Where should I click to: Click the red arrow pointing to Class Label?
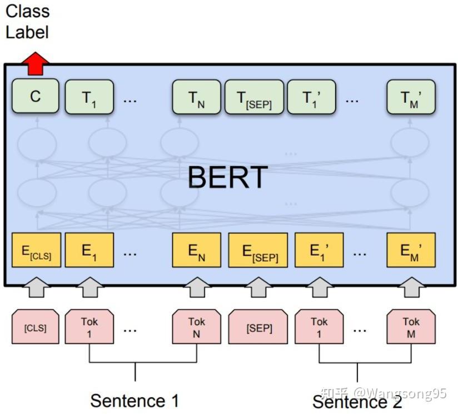(35, 63)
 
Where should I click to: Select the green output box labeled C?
(36, 97)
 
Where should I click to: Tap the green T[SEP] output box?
(254, 98)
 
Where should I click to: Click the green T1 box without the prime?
(89, 98)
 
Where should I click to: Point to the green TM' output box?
(411, 98)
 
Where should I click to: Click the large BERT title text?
(228, 178)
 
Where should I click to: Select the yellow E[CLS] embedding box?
(36, 251)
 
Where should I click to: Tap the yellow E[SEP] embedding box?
(258, 251)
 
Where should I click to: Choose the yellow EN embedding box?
(196, 251)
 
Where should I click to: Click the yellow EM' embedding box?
(411, 251)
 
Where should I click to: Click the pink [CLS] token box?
(36, 328)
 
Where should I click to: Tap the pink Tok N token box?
(196, 328)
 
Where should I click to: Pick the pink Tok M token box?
(411, 328)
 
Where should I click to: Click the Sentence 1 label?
(135, 400)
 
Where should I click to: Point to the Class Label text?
(27, 22)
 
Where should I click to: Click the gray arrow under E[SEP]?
(258, 287)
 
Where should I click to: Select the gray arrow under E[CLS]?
(36, 287)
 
